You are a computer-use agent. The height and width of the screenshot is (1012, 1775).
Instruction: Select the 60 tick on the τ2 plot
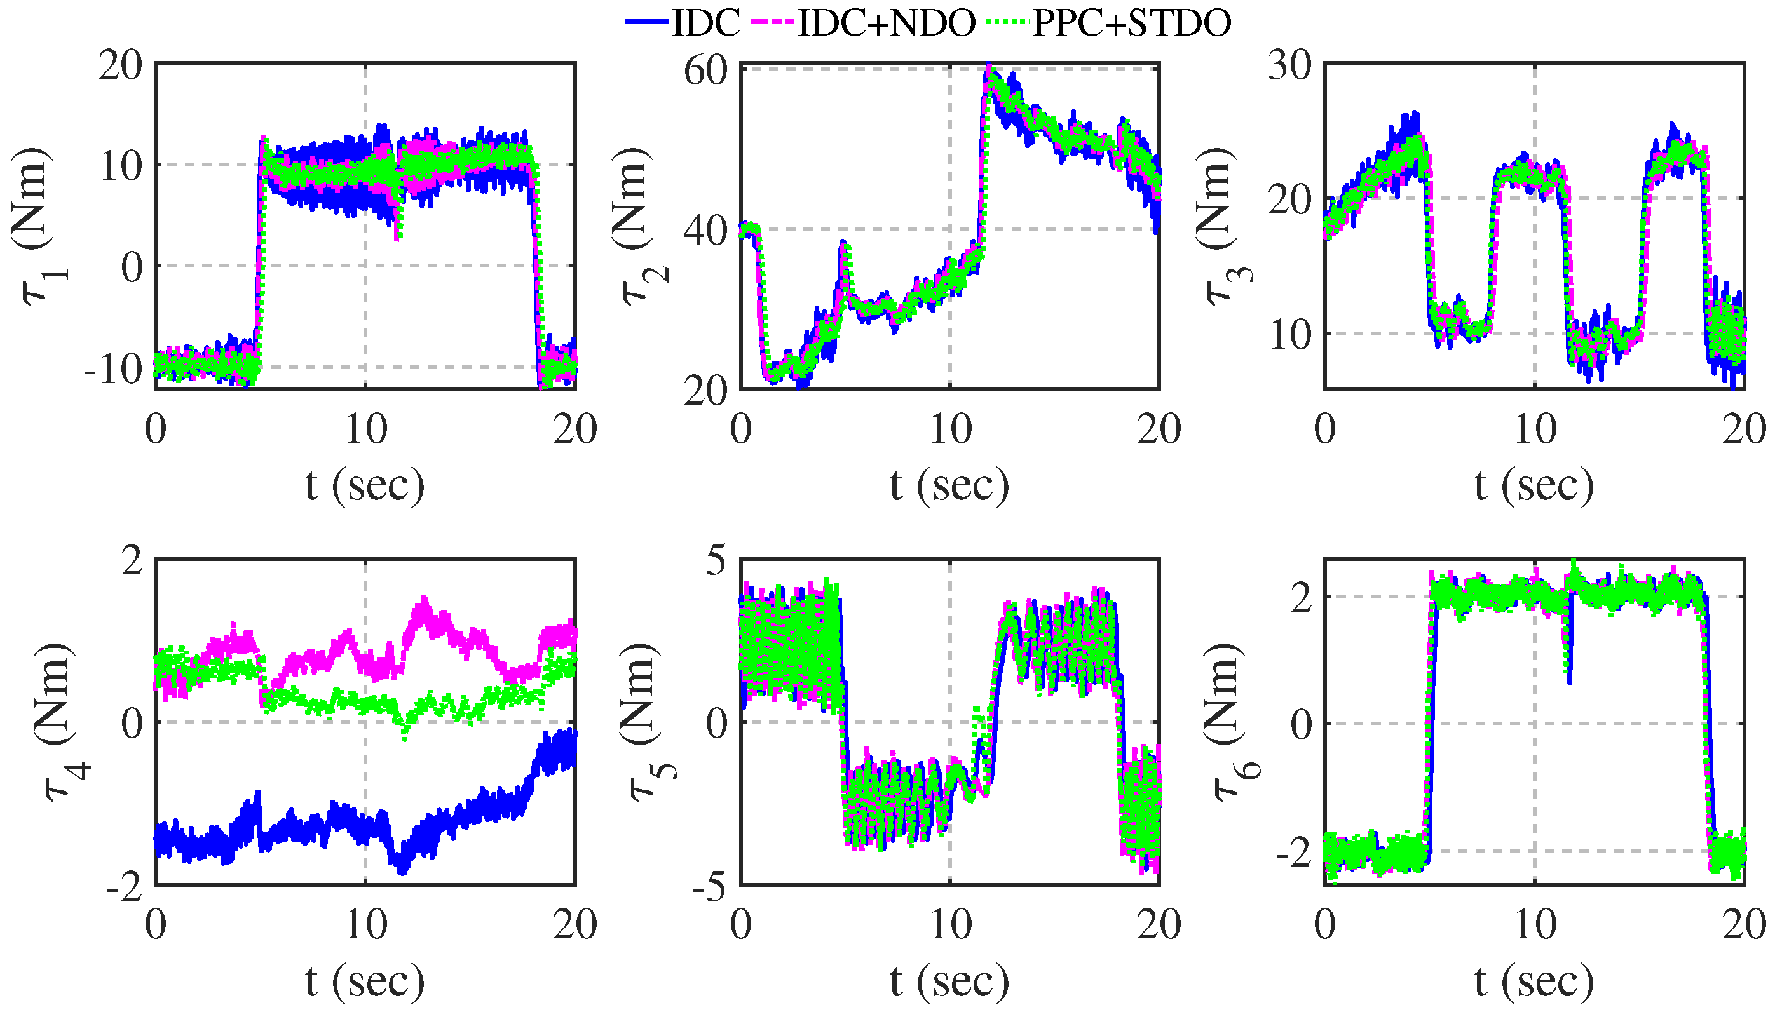click(x=705, y=71)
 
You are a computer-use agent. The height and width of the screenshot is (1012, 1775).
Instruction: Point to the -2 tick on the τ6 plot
click(x=1296, y=851)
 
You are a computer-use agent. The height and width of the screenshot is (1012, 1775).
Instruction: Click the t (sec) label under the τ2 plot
click(x=949, y=485)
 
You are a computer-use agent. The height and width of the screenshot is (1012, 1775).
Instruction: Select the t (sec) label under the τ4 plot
click(x=364, y=980)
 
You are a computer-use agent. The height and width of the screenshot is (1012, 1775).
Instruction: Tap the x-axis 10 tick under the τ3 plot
click(x=1534, y=429)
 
